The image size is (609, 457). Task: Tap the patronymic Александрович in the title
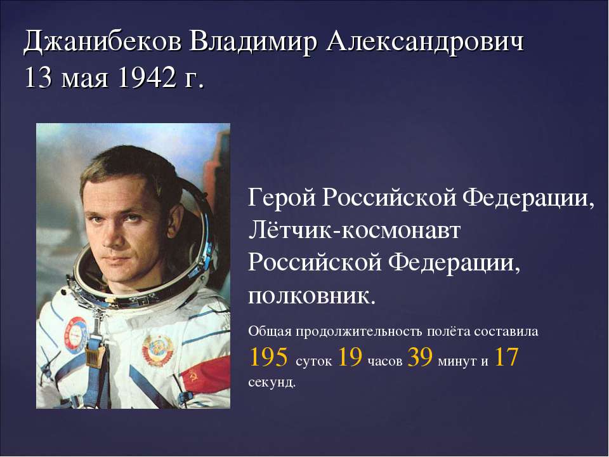coord(425,41)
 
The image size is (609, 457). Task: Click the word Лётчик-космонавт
coord(354,230)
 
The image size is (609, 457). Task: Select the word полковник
coord(312,296)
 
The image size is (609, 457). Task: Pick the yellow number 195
coord(268,357)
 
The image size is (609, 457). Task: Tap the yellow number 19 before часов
coord(350,357)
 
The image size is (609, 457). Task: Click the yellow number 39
coord(420,357)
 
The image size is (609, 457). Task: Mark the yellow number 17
coord(506,357)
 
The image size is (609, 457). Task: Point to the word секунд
coord(272,382)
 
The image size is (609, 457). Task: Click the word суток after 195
coord(313,361)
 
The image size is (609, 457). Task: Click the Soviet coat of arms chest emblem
coord(158,350)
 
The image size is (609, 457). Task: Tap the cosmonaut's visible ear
coord(176,221)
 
